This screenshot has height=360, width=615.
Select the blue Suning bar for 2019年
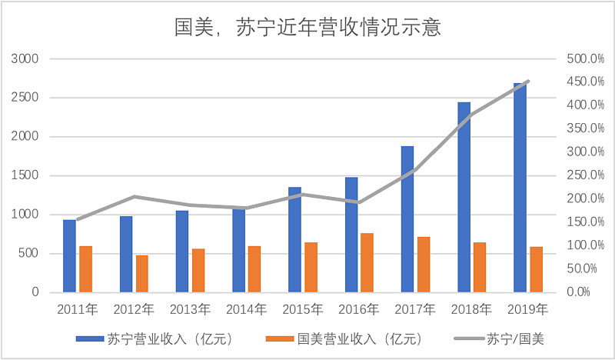coord(520,188)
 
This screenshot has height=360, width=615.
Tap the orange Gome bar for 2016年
coord(367,262)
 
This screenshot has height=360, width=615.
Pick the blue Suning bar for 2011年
coord(69,256)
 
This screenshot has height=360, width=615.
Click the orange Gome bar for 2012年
coord(142,274)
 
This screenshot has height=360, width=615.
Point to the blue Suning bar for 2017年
coord(407,219)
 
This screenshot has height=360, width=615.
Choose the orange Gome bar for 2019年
coord(537,269)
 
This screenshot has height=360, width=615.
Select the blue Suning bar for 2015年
coord(294,239)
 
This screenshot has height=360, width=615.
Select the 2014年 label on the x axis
coord(246,310)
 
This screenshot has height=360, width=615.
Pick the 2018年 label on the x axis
coord(471,310)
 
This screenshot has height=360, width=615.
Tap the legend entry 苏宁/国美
coord(517,338)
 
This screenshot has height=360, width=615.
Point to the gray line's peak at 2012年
coord(134,197)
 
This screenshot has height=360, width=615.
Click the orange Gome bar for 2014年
coord(254,269)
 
